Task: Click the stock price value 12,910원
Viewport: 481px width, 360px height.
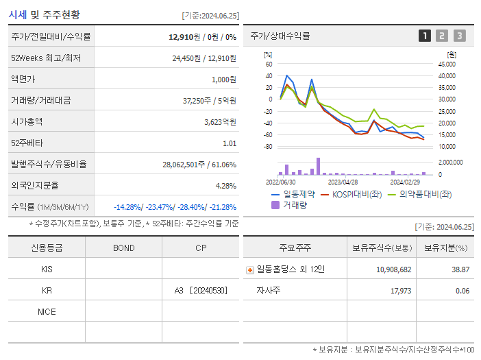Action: (184, 36)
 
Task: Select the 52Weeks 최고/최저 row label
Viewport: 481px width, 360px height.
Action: (47, 58)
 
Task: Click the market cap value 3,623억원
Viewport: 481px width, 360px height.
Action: (220, 122)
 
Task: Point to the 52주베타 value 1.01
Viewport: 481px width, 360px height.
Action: (229, 143)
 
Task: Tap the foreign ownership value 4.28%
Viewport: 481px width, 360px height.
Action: (225, 186)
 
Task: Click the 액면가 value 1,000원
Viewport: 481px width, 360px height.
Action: (223, 80)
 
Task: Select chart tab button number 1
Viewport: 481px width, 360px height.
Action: (425, 36)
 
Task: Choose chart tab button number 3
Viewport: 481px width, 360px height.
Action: (459, 36)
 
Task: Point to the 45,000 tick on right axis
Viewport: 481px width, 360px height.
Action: (447, 64)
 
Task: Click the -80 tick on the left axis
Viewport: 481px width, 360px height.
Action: (268, 147)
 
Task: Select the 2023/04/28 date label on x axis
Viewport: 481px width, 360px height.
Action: (343, 182)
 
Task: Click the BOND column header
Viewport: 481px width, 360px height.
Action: (123, 248)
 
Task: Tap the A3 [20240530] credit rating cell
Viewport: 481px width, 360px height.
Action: (200, 290)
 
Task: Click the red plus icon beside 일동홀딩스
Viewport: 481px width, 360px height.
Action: (250, 269)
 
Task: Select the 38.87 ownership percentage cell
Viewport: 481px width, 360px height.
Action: (460, 269)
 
